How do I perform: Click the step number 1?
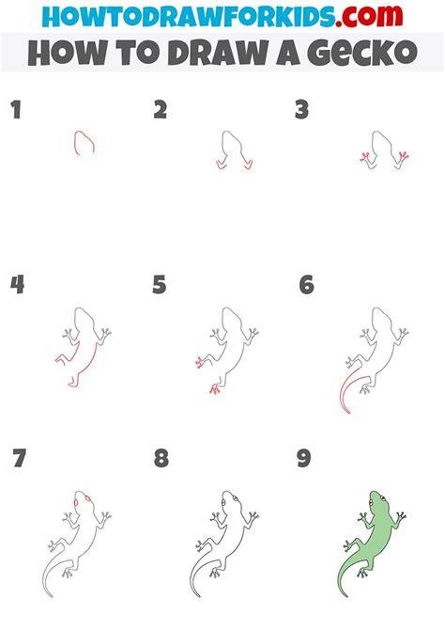point(16,110)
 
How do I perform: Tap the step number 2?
point(161,110)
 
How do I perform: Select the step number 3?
point(301,110)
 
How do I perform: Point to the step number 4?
point(17,285)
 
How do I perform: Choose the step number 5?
point(160,285)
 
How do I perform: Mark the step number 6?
point(307,285)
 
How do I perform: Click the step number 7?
point(19,458)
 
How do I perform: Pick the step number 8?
point(161,458)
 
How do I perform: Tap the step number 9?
point(304,458)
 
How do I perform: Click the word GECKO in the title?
point(362,53)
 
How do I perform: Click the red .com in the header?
point(369,17)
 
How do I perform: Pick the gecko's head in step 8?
point(230,502)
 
